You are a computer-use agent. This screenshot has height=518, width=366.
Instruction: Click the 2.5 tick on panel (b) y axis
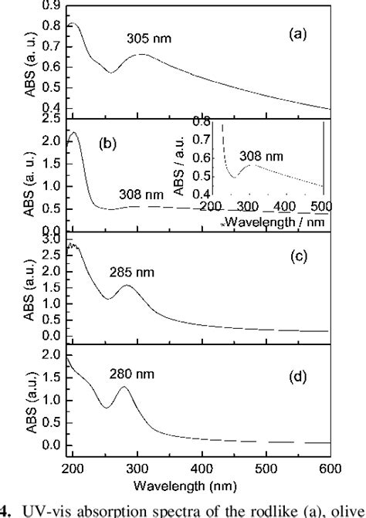tap(53, 119)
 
